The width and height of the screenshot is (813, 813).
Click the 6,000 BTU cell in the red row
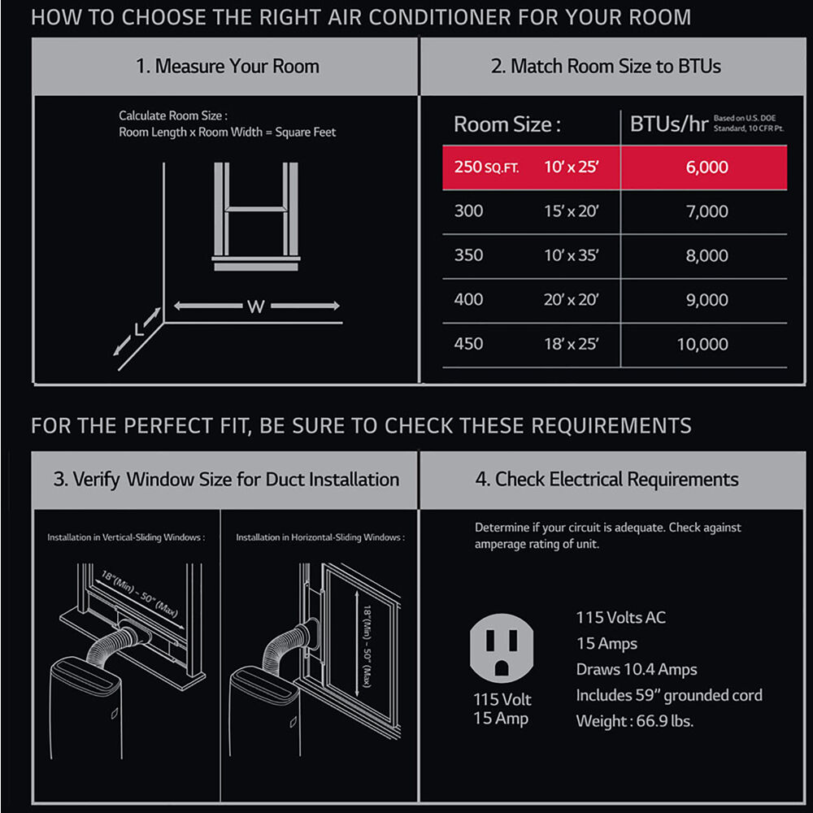(706, 167)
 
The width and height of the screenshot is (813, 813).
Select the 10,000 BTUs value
(702, 344)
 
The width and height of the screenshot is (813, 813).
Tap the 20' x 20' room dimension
(571, 300)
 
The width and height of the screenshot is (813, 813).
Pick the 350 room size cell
(469, 255)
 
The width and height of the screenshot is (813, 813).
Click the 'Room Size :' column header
(507, 124)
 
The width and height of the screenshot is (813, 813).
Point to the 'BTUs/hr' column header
(669, 124)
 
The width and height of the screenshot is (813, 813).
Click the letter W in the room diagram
(256, 307)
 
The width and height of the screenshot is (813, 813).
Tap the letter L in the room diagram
(138, 329)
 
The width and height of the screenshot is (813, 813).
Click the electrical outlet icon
(502, 648)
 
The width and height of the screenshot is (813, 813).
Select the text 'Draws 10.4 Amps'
(637, 669)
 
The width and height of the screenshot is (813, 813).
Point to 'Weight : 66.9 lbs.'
(635, 721)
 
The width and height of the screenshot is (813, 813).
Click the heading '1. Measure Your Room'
(228, 67)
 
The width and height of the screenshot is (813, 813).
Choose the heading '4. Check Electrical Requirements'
(606, 480)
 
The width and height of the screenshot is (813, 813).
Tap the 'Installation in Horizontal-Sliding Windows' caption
(320, 537)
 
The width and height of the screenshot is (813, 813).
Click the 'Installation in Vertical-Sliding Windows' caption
(126, 537)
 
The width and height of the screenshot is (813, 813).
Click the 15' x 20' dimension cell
(572, 211)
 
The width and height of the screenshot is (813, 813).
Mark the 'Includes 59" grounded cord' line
(669, 695)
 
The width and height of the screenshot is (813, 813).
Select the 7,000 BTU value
(706, 211)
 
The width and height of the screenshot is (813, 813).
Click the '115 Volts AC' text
(620, 618)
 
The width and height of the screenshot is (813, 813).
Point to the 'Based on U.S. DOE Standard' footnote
(749, 124)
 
